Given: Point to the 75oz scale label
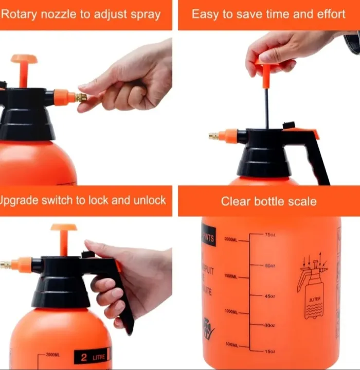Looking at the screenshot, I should pos(270,235).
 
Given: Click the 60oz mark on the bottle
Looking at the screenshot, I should pos(270,266).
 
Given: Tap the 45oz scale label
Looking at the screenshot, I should pos(270,296).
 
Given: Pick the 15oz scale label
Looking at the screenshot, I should pos(270,351).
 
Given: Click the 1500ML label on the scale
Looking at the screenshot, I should pos(231,276).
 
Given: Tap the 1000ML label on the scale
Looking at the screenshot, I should pos(231,311).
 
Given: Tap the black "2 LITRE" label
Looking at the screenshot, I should pos(92,356).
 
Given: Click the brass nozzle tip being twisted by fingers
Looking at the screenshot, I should pos(81,97).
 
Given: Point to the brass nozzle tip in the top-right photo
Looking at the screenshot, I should pos(213,136).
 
